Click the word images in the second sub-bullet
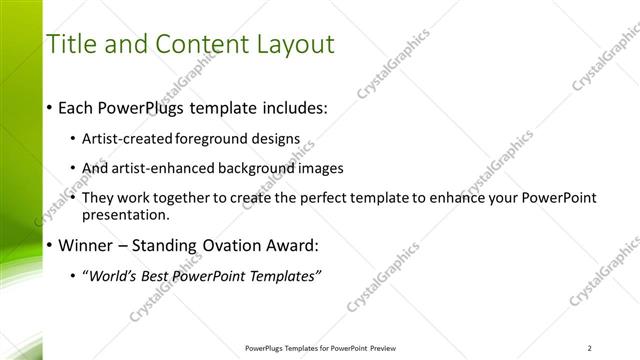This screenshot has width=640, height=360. coord(320,168)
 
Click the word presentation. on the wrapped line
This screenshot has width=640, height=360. coord(128,214)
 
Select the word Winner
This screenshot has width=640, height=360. coord(87,245)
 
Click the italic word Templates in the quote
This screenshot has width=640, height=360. coord(283,277)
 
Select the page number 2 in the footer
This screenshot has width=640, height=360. coord(591,348)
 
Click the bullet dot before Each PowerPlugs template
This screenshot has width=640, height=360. coord(50,108)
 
